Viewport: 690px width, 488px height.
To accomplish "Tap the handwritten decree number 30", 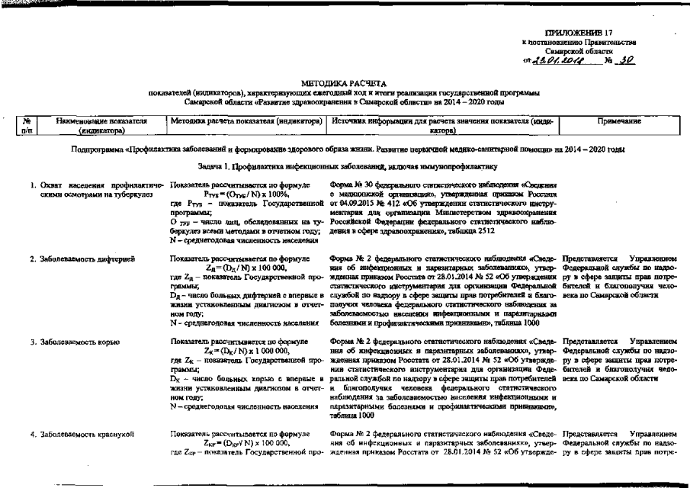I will click(x=626, y=59).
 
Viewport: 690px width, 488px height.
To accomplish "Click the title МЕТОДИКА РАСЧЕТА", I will click(x=345, y=82).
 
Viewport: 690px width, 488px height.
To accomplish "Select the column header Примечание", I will click(x=619, y=121).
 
